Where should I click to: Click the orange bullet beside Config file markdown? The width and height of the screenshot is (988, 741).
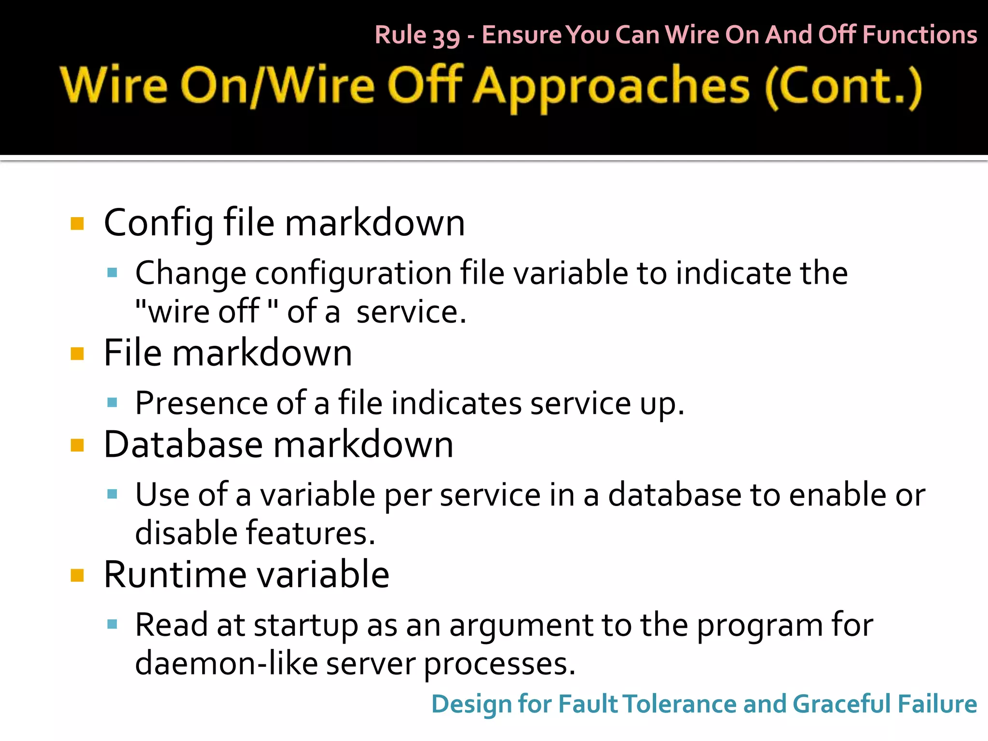click(x=77, y=223)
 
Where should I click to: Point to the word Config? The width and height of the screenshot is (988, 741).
click(x=159, y=223)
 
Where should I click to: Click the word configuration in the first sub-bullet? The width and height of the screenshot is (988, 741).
click(x=353, y=274)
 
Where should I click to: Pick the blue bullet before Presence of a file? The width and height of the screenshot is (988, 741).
click(x=112, y=402)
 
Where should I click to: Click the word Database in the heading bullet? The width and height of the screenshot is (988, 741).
click(x=183, y=445)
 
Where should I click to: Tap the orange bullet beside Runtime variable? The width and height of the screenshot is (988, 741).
click(x=77, y=575)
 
